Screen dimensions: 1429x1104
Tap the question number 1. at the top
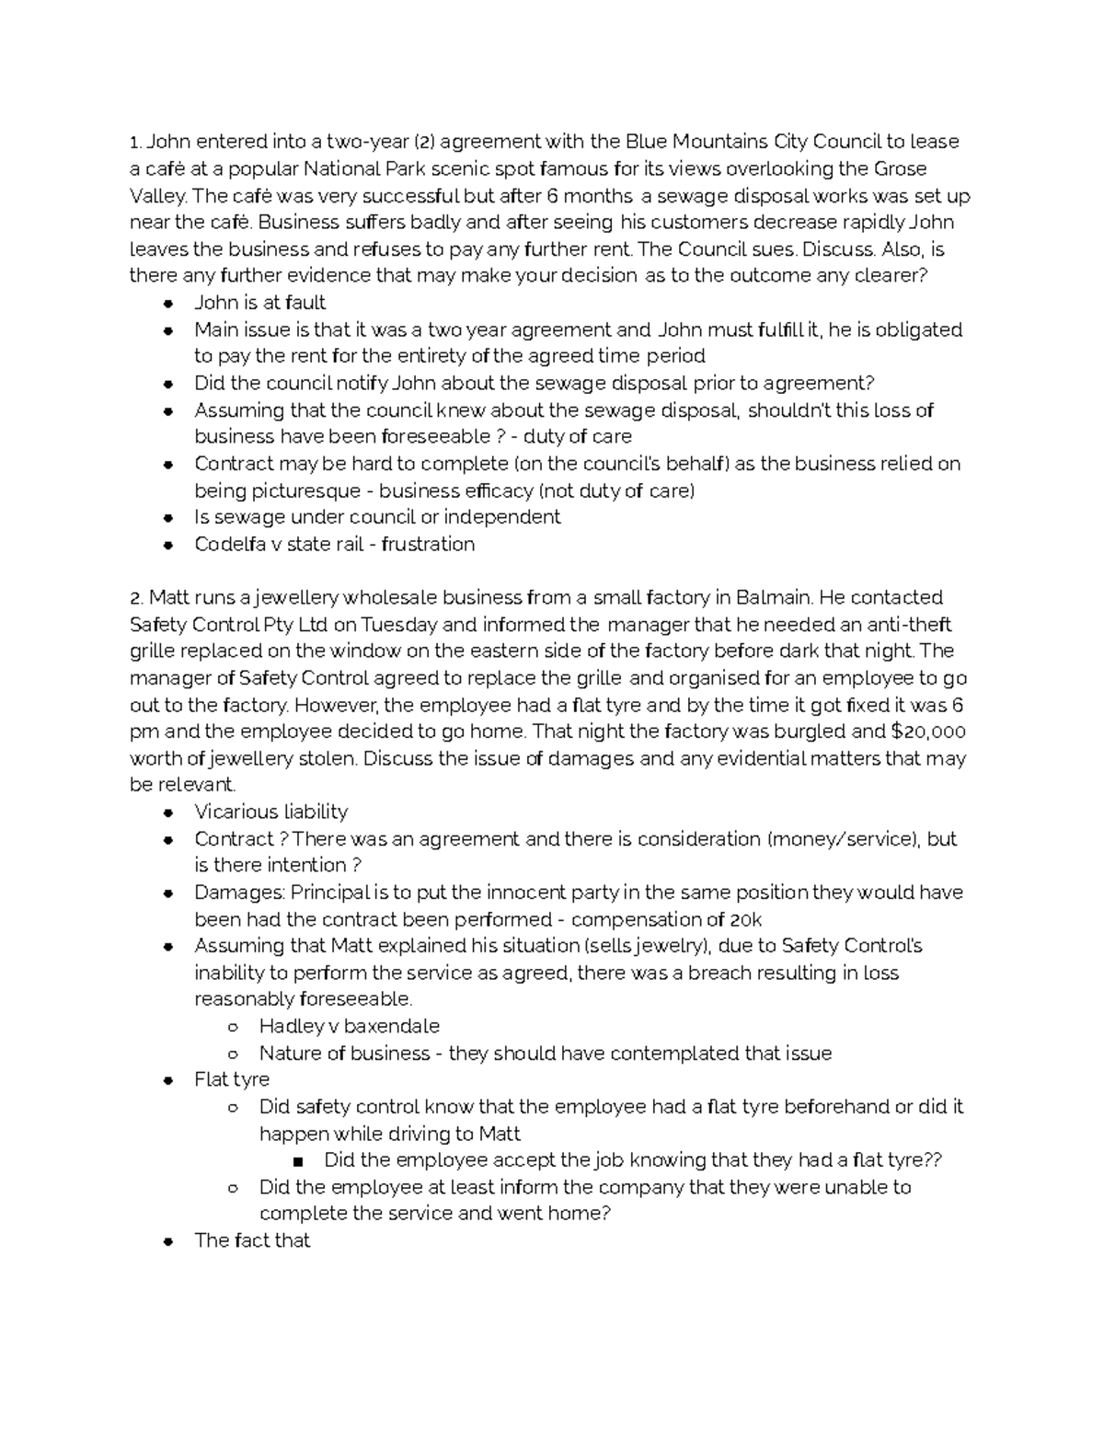coord(135,142)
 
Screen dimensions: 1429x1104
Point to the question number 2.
coord(136,598)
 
